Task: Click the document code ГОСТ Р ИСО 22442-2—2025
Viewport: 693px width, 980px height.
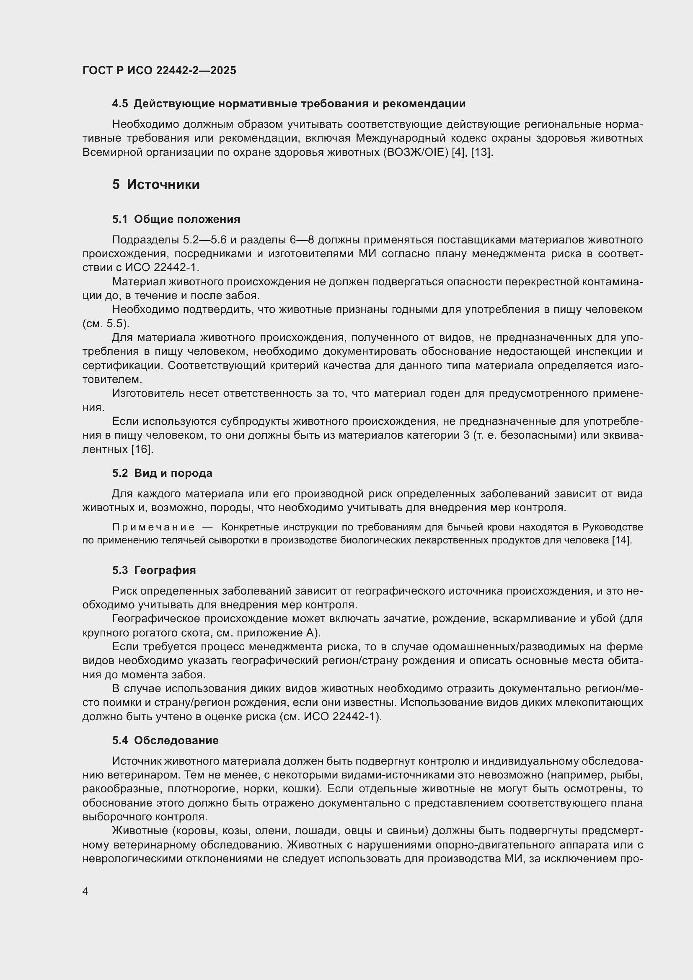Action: [159, 71]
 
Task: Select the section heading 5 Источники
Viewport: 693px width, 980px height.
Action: [156, 185]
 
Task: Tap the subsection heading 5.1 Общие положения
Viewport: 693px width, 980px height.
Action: [176, 220]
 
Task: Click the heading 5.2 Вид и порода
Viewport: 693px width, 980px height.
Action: [162, 473]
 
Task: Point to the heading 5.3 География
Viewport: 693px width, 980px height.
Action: [154, 570]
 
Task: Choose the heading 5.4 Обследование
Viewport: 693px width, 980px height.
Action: [165, 740]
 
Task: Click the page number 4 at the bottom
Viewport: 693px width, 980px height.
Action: [85, 892]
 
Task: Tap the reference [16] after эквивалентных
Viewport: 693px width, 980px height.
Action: [142, 449]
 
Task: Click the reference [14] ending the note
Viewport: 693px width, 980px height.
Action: [621, 540]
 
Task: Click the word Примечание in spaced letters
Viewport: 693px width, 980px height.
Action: [153, 527]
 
